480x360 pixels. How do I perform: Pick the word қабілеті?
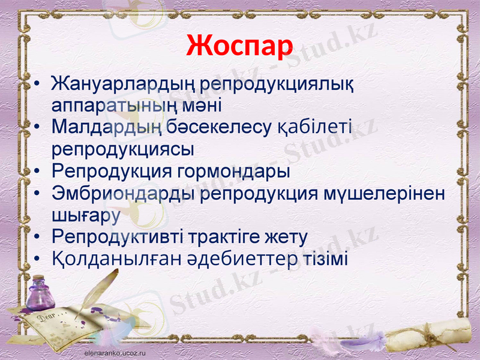pyautogui.click(x=314, y=127)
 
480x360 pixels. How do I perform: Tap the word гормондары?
pyautogui.click(x=234, y=171)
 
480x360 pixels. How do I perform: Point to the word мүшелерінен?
pyautogui.click(x=384, y=193)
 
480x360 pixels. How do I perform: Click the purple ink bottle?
pyautogui.click(x=41, y=292)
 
